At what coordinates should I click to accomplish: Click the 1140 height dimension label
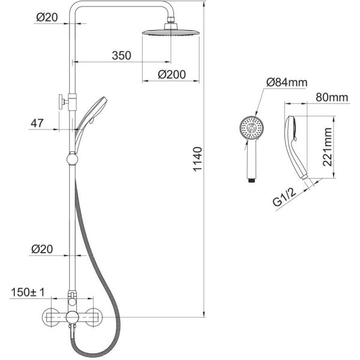click(197, 159)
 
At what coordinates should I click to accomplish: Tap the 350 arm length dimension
click(121, 56)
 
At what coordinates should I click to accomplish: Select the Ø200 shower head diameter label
click(172, 74)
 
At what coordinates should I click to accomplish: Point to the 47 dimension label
click(37, 123)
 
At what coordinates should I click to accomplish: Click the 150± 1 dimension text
click(28, 293)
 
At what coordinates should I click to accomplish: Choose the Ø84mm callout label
click(287, 82)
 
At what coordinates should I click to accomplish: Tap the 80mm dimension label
click(332, 97)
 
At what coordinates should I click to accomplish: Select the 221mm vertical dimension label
click(328, 147)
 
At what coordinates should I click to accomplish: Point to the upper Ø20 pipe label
click(47, 17)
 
